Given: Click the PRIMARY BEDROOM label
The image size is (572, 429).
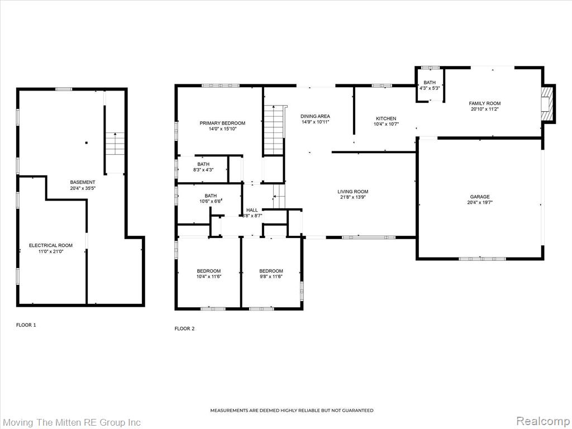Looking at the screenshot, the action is pos(222,123).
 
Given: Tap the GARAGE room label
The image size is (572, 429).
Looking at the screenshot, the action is pos(480,197).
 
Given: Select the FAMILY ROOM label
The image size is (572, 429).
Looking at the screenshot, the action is pos(484,103).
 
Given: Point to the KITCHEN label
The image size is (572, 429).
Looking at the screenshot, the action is pos(386,118).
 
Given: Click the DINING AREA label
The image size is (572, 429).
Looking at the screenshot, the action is pos(315,116).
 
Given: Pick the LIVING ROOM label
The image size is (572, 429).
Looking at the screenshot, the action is pos(353,192).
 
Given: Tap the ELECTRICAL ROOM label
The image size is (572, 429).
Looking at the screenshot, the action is pos(51,246).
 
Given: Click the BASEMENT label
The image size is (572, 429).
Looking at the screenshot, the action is pos(83,183).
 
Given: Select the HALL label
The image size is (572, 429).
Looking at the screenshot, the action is pos(252,210).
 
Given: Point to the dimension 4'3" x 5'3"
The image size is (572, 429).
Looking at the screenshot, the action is pos(430,88).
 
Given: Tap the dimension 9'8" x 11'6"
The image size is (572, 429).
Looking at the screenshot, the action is pos(271,277).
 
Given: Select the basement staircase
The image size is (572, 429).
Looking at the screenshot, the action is pos(115,153).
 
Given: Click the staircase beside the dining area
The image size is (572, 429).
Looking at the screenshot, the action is pos(274,130).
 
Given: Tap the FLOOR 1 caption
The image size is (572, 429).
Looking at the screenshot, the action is pos(26,325).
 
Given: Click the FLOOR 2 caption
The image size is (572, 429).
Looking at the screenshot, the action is pos(184,328).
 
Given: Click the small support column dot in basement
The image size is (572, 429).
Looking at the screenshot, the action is pos(86,142).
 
